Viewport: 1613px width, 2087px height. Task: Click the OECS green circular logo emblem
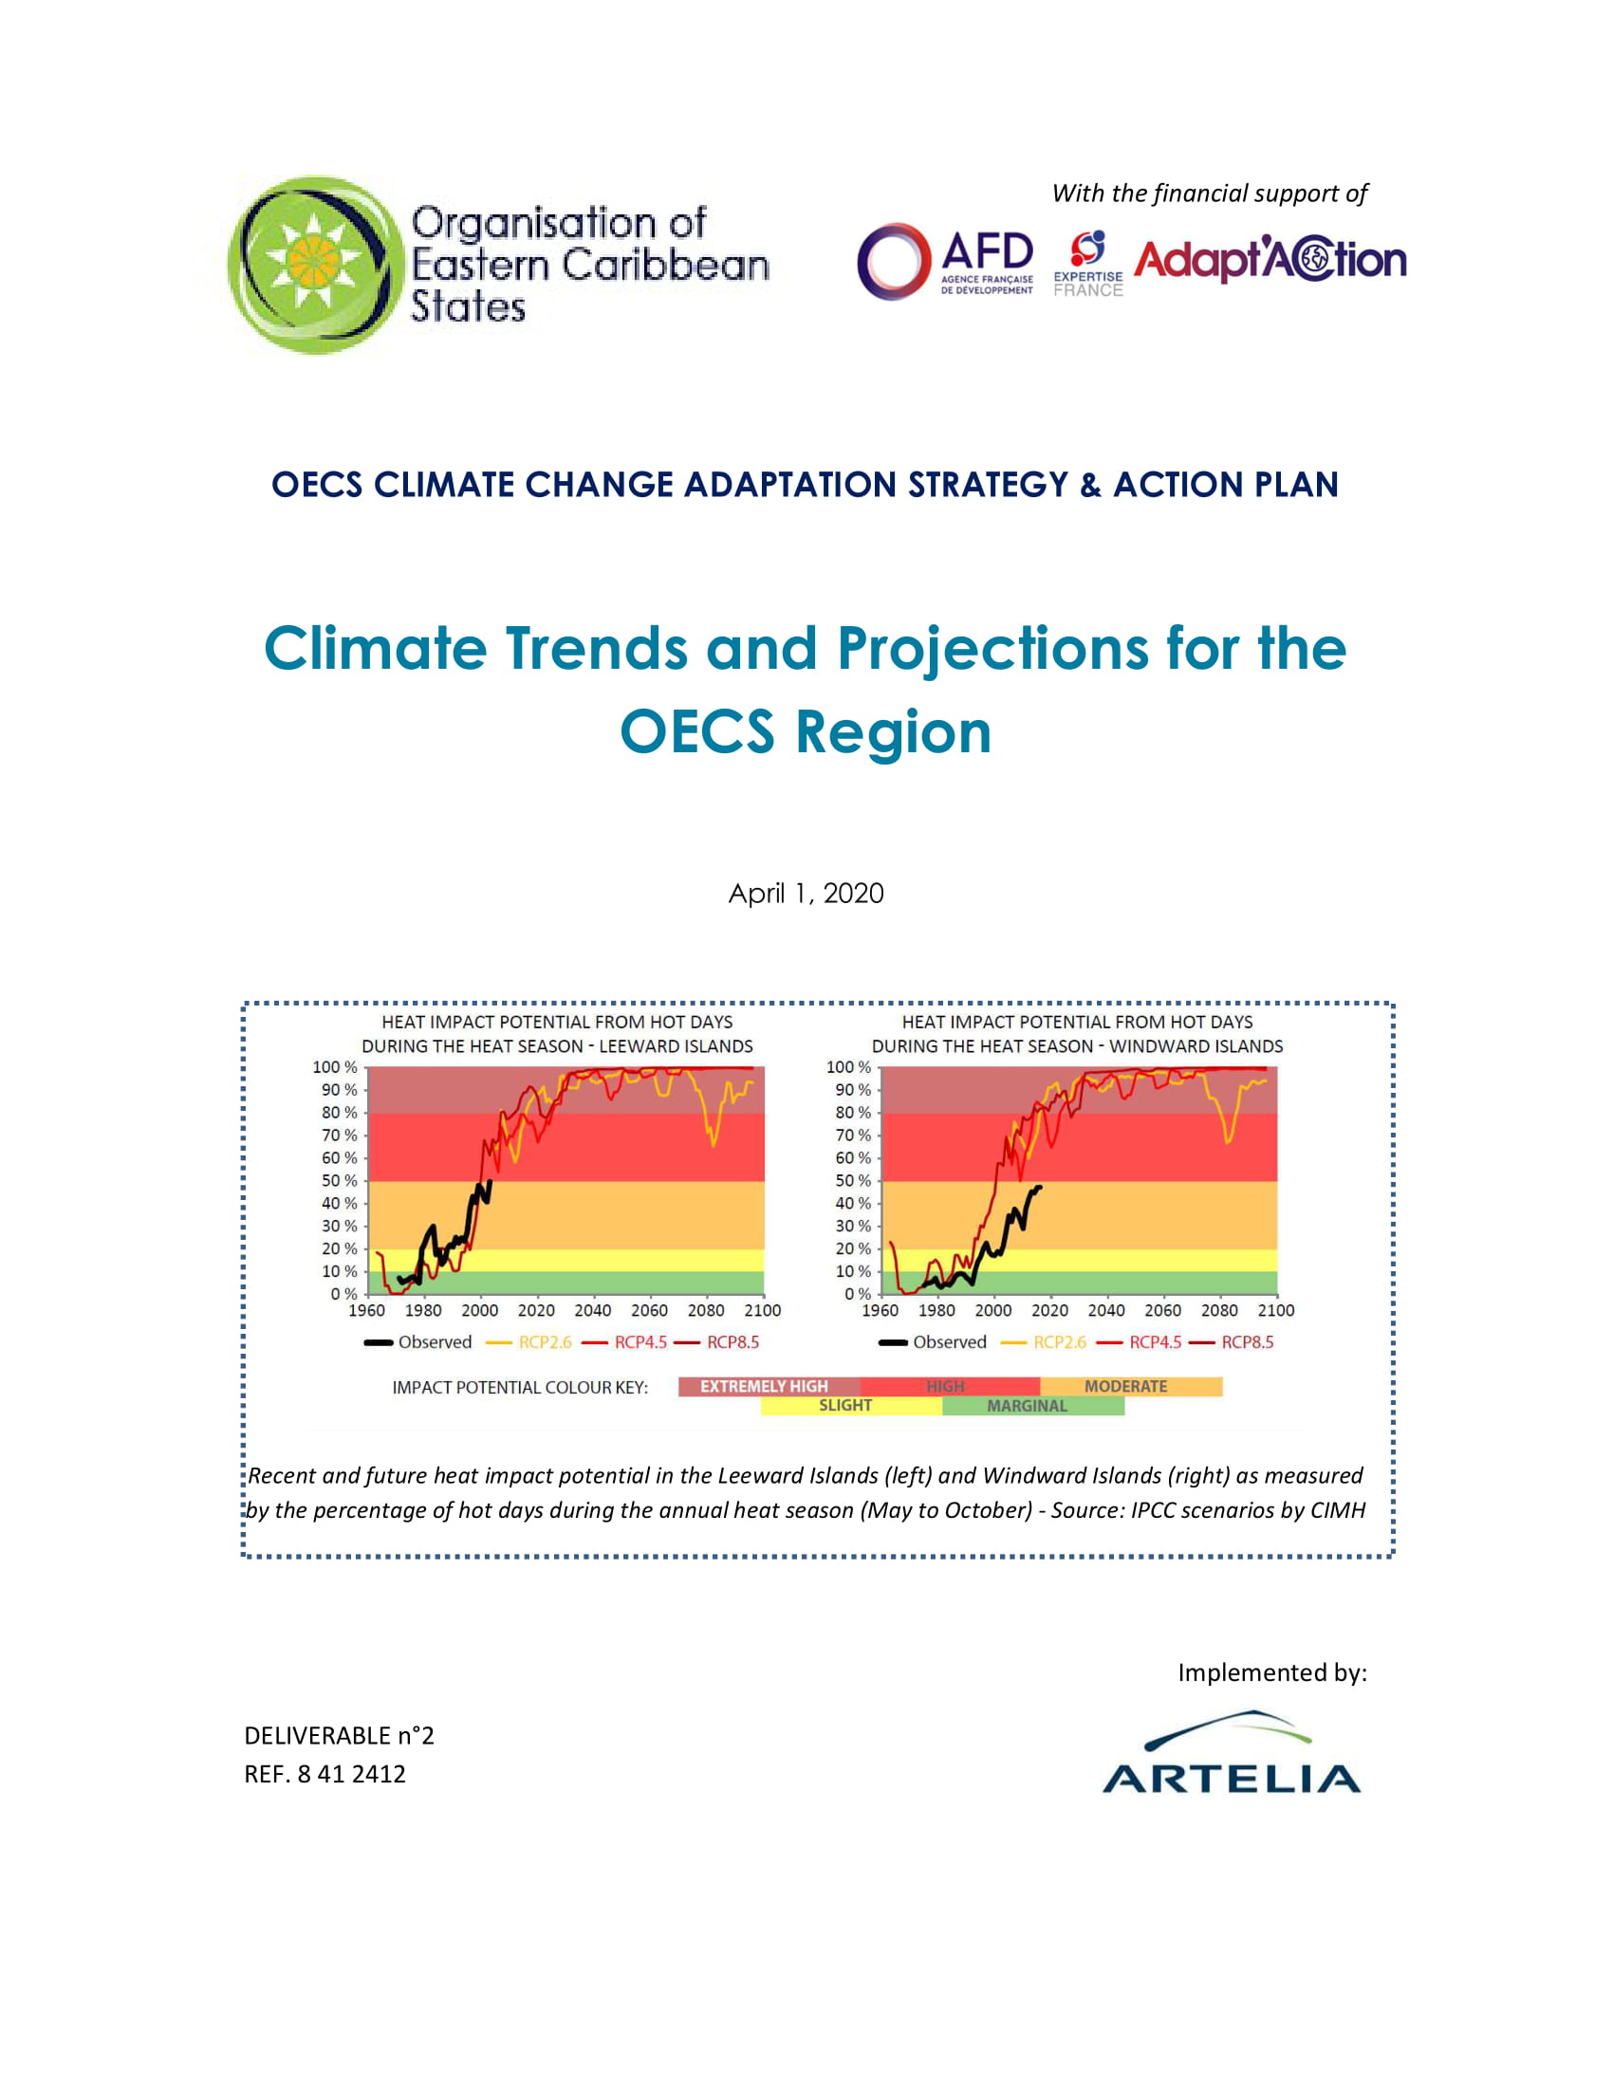(314, 264)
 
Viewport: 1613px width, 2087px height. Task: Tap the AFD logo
(945, 261)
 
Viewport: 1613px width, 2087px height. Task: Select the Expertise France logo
(1087, 264)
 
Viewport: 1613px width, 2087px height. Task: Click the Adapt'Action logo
(1270, 260)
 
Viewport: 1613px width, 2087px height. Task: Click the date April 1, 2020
(806, 894)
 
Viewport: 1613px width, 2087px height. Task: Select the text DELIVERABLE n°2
(340, 1736)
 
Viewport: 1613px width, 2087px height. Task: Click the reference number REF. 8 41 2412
(324, 1775)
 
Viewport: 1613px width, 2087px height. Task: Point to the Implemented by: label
(1271, 1673)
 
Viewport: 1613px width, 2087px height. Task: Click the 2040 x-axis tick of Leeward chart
(592, 1311)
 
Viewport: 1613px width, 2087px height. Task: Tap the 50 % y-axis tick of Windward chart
(852, 1181)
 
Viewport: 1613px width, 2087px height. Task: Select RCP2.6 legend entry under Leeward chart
(544, 1342)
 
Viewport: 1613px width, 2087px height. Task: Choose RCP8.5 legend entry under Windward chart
(1246, 1342)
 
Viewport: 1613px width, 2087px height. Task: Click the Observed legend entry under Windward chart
(948, 1342)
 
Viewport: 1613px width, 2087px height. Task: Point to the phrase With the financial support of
(1210, 194)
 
